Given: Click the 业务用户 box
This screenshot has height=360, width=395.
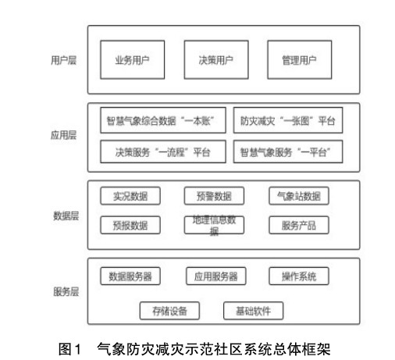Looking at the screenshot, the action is click(x=133, y=59).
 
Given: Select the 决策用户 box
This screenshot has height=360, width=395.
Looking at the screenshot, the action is click(x=216, y=59).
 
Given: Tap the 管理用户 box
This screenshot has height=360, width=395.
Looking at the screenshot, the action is click(x=300, y=59).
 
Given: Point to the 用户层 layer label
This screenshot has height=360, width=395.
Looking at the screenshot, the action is click(x=63, y=60).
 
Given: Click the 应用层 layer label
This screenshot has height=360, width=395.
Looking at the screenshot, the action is click(x=63, y=135).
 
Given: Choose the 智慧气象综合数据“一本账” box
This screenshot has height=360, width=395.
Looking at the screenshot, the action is click(x=163, y=120).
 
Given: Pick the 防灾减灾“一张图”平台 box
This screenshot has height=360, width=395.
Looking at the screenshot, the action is click(x=288, y=120).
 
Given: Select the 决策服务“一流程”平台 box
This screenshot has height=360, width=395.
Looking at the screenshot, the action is click(x=163, y=151).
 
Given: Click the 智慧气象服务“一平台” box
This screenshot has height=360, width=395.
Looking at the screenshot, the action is click(x=288, y=151).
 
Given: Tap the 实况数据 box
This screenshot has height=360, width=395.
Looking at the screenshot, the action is click(x=130, y=196).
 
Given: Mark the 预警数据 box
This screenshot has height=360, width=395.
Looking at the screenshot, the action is click(x=214, y=196).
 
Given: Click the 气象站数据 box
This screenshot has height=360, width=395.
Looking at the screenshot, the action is click(x=299, y=196).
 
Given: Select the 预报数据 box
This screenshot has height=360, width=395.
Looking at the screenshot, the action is click(x=130, y=225).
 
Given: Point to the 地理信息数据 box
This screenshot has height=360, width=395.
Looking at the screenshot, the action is click(x=214, y=225).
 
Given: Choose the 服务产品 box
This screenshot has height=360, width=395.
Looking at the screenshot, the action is click(x=299, y=225).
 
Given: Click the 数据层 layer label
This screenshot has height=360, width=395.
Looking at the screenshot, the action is click(x=66, y=216).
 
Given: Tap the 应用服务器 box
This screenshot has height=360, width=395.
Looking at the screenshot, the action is click(x=216, y=276).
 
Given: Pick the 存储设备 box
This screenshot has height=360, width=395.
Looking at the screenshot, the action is click(x=169, y=311).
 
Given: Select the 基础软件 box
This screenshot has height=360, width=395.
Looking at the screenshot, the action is click(x=254, y=311).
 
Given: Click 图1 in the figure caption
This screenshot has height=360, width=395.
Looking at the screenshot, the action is click(x=69, y=349).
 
